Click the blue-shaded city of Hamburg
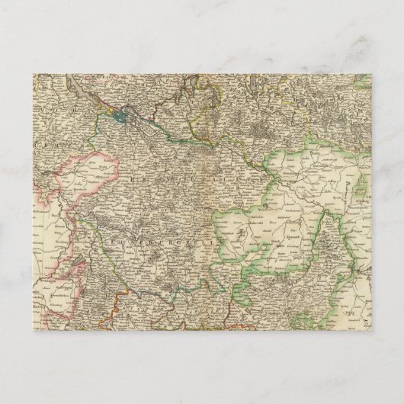pos(122,118)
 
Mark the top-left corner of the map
pos(34,73)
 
